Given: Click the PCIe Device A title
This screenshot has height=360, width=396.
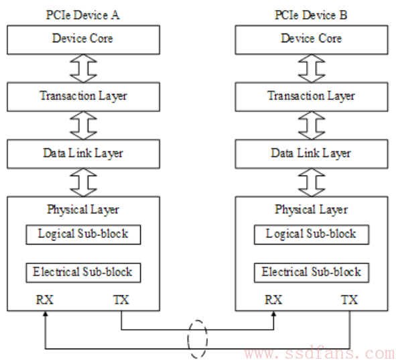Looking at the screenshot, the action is (83, 15).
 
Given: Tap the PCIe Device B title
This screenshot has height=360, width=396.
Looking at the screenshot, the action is (311, 15).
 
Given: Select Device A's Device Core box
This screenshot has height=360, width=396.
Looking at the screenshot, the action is (83, 40).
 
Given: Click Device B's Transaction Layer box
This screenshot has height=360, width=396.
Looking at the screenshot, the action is (312, 97).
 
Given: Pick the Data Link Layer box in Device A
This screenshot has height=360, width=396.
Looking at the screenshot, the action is (83, 154).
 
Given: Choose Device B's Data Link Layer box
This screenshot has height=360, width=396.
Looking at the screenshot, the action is (312, 154).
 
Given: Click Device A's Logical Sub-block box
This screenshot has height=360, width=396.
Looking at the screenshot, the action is (83, 235).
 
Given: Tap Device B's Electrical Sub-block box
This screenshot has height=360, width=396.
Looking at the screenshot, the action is (312, 273).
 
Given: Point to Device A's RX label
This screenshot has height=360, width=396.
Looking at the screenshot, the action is (45, 300).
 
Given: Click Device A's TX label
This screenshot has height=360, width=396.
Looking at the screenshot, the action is (121, 300).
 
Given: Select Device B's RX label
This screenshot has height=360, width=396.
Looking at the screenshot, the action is (273, 300).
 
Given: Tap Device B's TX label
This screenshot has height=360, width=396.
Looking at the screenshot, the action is (350, 300).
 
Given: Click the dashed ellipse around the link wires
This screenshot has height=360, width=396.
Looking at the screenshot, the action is (188, 339).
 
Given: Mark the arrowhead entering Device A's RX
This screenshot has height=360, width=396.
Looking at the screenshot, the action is (46, 314).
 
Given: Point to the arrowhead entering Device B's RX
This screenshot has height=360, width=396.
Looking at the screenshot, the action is (274, 314).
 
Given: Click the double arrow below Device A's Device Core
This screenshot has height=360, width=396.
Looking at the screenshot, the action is (83, 68).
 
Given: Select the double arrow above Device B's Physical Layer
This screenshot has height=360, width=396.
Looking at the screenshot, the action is (312, 182).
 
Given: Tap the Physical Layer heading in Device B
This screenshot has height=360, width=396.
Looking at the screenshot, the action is (311, 210).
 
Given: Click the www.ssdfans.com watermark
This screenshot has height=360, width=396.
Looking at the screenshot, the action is (320, 353).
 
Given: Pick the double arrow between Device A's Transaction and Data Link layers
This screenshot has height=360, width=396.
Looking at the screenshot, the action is (83, 125).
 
